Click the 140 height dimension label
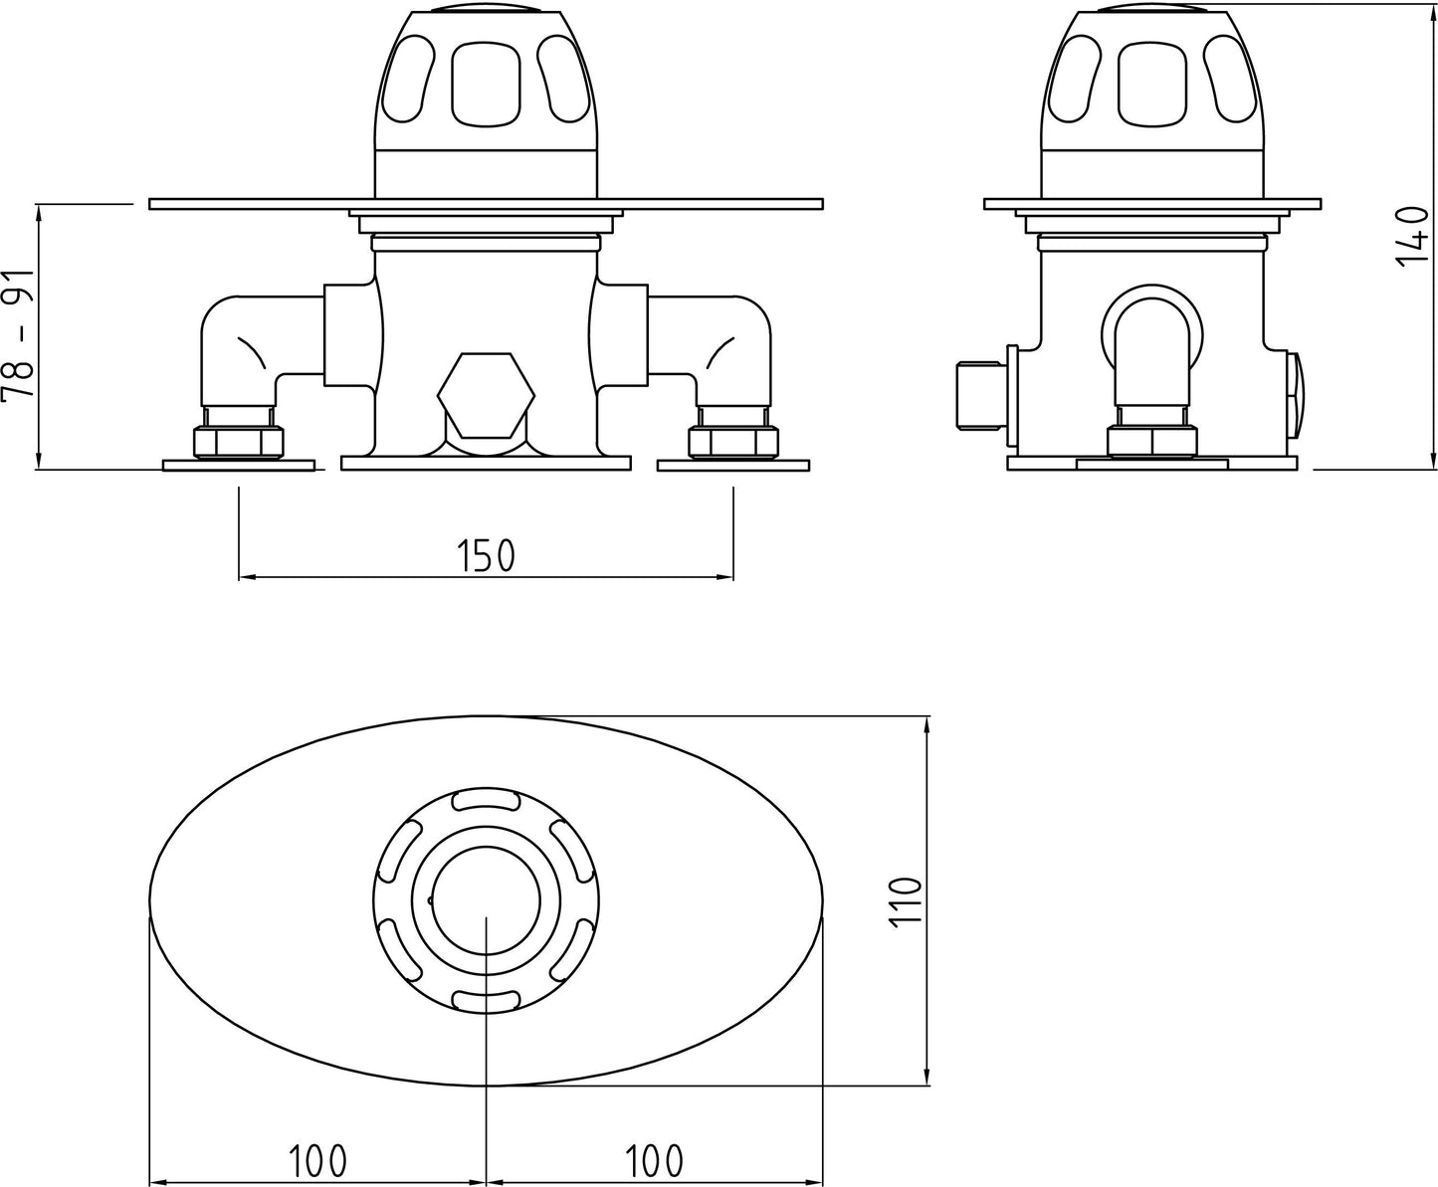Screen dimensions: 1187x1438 1412,235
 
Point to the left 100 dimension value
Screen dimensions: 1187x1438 317,1159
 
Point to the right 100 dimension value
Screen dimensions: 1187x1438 654,1159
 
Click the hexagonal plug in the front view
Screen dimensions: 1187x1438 486,395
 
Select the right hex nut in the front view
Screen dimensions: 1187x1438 732,442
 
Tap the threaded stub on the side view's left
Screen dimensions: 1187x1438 978,396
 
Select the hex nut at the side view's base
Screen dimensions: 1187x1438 1152,441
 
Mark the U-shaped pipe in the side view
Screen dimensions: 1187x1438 1151,338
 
